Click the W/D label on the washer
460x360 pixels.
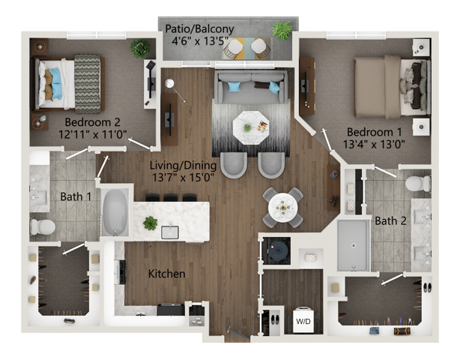(x=303, y=321)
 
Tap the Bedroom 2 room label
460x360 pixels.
(x=92, y=121)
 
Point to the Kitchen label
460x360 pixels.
(x=166, y=274)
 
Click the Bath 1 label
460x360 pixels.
(x=76, y=196)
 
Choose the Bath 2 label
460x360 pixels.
(x=390, y=221)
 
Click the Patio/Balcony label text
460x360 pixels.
(x=202, y=29)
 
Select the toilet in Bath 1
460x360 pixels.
(x=43, y=226)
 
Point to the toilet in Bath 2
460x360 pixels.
(x=417, y=183)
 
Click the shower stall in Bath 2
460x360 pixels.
(x=352, y=244)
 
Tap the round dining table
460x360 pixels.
(x=283, y=205)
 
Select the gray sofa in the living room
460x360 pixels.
(x=252, y=87)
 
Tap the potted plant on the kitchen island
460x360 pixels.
(x=151, y=223)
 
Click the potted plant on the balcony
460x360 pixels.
(x=282, y=30)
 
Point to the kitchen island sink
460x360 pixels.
(x=170, y=231)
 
